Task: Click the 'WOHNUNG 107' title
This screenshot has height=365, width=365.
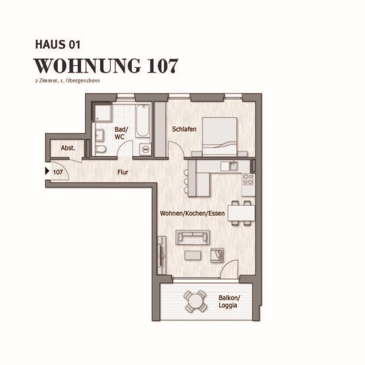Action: tap(106, 66)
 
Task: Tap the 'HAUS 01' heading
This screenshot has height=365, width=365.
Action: tap(58, 45)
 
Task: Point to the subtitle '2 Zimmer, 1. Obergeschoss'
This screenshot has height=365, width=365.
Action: tap(67, 81)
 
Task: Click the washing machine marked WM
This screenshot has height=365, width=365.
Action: tap(146, 149)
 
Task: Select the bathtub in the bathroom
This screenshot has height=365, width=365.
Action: tap(142, 120)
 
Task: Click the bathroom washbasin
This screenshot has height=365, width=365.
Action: tap(99, 135)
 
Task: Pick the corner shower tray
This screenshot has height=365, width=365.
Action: tap(103, 113)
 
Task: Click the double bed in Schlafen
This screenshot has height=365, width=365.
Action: tap(220, 137)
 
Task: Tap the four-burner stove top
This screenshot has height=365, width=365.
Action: tap(248, 179)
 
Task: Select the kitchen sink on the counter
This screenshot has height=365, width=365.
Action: tap(232, 166)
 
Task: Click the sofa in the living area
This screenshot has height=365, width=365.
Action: tap(193, 237)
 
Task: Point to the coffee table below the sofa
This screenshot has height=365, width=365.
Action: tap(193, 255)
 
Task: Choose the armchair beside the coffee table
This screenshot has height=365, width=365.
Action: tap(217, 255)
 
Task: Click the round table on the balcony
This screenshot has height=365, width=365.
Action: tap(195, 301)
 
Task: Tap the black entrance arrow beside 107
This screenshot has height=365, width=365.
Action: tap(47, 172)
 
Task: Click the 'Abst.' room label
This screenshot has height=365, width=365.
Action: tap(68, 148)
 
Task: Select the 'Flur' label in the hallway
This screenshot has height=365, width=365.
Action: tap(123, 172)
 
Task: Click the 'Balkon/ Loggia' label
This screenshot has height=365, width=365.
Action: tap(229, 301)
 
